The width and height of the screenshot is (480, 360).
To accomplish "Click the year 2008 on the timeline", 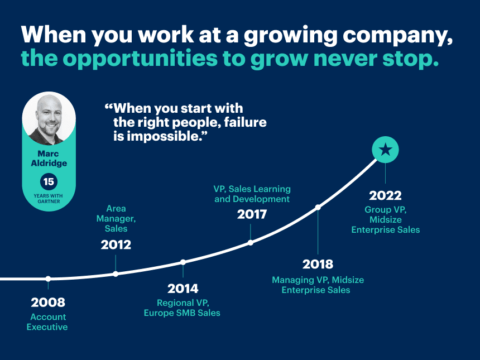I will click(48, 303).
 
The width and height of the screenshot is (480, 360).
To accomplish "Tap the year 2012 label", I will click(116, 244).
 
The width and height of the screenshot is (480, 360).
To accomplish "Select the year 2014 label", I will click(183, 289).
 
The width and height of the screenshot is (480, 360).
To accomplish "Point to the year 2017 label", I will click(252, 214).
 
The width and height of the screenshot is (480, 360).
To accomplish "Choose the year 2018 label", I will click(318, 264).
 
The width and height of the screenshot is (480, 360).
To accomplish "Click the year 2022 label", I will click(385, 195).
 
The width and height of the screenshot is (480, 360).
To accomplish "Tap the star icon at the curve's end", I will click(385, 150).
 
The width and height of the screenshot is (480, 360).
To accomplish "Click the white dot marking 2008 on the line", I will click(48, 279).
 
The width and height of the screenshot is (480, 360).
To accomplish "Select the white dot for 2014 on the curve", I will click(183, 262).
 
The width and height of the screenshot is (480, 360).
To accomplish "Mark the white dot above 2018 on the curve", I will click(318, 207).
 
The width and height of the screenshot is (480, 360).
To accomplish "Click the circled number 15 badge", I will click(49, 181).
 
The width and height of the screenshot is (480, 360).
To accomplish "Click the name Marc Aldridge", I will click(49, 158).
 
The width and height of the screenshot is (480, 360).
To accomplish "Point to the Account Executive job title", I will click(47, 322).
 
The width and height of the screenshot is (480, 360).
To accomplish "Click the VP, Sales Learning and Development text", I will click(252, 194).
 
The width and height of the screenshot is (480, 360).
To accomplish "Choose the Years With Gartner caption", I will click(49, 198).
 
